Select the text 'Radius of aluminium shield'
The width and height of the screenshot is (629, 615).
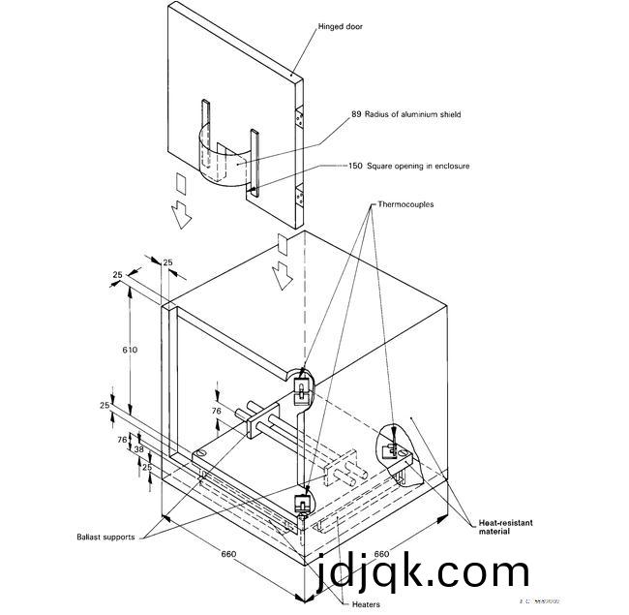click(414, 115)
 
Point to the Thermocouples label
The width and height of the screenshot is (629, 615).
click(405, 206)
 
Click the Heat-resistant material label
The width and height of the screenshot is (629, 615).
click(506, 527)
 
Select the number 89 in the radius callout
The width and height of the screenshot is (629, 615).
click(356, 115)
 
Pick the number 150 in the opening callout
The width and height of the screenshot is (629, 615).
click(355, 166)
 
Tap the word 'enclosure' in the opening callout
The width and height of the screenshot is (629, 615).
click(449, 166)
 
